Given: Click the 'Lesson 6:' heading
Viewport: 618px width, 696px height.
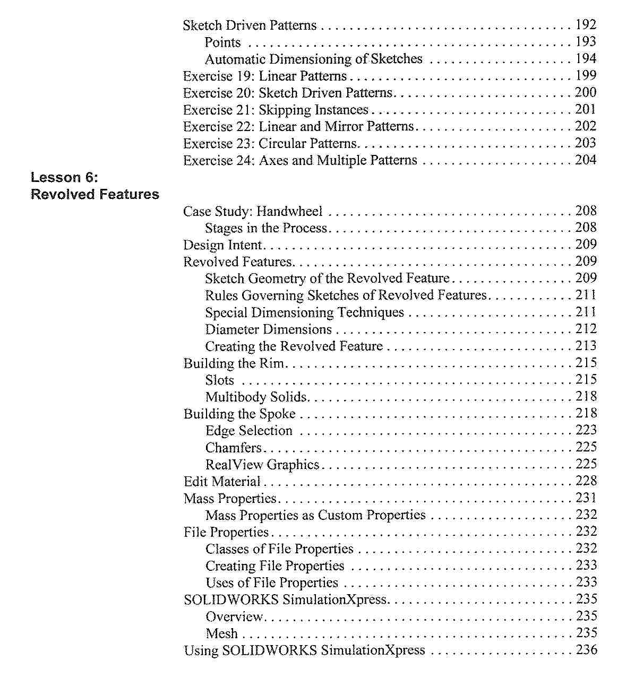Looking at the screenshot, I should [64, 177].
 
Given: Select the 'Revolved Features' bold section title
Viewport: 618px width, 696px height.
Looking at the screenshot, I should [95, 194].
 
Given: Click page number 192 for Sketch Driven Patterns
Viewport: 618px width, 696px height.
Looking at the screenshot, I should [586, 25].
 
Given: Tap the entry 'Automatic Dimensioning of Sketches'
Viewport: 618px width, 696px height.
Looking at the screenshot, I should [313, 59].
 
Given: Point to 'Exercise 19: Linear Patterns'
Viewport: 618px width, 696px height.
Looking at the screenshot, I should [264, 76].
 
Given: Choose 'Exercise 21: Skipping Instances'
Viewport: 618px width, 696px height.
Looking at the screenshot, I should [276, 110].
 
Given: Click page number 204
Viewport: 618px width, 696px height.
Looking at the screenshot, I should [586, 160].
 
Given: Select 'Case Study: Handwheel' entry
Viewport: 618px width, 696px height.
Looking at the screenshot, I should [253, 211].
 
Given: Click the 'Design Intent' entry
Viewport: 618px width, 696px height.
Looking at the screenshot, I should [222, 245].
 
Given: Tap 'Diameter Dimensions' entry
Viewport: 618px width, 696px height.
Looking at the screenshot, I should [268, 329].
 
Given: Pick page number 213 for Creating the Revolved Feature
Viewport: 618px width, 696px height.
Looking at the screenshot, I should [586, 346].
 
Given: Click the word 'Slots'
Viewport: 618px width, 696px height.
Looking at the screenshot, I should [219, 380].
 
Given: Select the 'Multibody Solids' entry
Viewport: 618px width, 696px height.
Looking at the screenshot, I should [256, 397].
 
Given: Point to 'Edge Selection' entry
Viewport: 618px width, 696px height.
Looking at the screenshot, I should [248, 431].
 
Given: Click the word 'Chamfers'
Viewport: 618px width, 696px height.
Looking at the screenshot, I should [234, 448].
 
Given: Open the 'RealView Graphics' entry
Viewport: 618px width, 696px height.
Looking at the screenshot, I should [262, 465].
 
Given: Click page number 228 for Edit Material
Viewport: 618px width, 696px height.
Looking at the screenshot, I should [586, 481].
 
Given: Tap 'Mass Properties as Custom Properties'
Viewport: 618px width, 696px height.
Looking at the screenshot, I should [315, 515].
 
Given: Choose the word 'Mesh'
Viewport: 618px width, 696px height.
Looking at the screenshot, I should [221, 633].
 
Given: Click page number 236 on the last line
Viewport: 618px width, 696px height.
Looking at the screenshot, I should [586, 650].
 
